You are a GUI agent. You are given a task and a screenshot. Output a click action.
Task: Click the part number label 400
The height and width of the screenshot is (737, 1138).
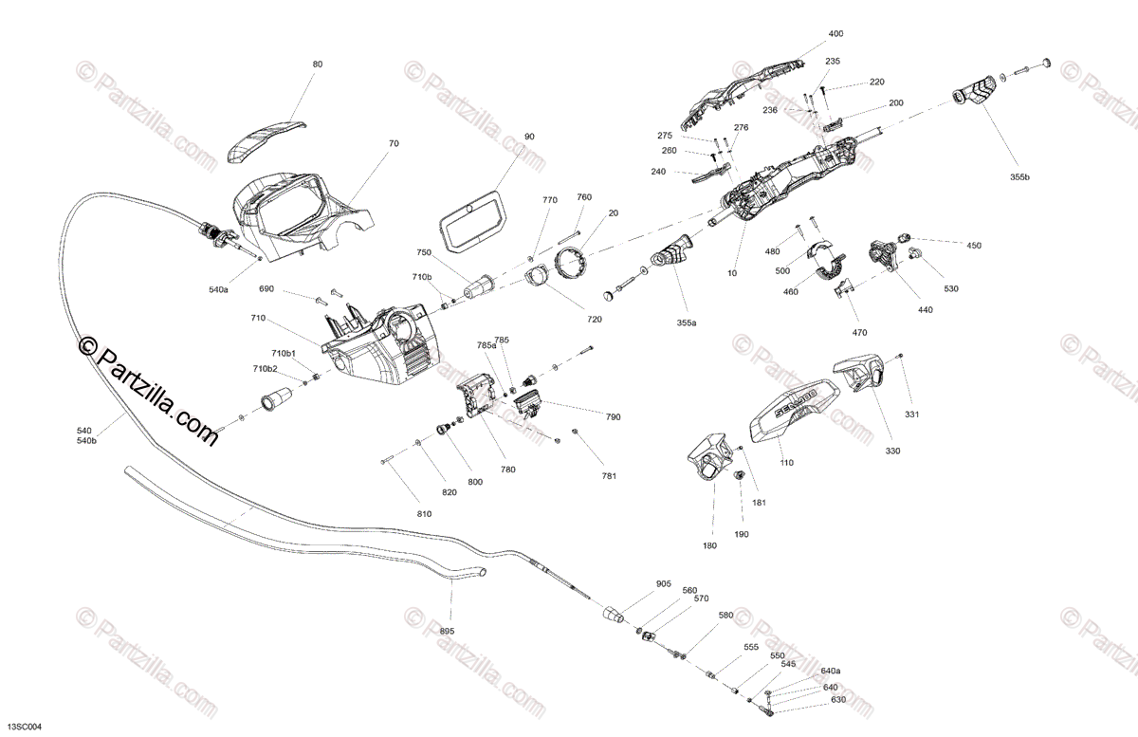coord(835,34)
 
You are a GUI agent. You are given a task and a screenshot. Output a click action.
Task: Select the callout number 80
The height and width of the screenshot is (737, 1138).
coord(318,64)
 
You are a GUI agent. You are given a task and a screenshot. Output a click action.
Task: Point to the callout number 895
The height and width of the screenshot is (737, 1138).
coord(448,631)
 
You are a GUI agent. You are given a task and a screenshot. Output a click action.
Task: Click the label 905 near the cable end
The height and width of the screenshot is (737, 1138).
coord(663,583)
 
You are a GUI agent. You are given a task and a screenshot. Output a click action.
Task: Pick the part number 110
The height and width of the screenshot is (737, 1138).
coord(786,462)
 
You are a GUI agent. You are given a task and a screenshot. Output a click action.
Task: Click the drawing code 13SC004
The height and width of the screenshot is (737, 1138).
coord(22,727)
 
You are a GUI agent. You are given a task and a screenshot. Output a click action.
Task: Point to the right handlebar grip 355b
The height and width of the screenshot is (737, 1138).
coord(976,93)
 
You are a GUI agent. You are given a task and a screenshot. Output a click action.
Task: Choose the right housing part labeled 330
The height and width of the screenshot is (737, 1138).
coord(857,374)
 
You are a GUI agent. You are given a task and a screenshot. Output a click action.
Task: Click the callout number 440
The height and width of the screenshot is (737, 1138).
coord(926,310)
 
